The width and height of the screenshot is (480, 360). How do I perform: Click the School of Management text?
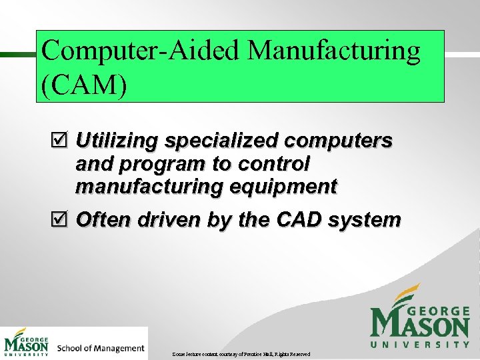click(x=101, y=348)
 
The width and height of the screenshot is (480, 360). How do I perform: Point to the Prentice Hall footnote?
click(x=240, y=353)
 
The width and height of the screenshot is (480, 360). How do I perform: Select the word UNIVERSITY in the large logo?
click(x=420, y=344)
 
